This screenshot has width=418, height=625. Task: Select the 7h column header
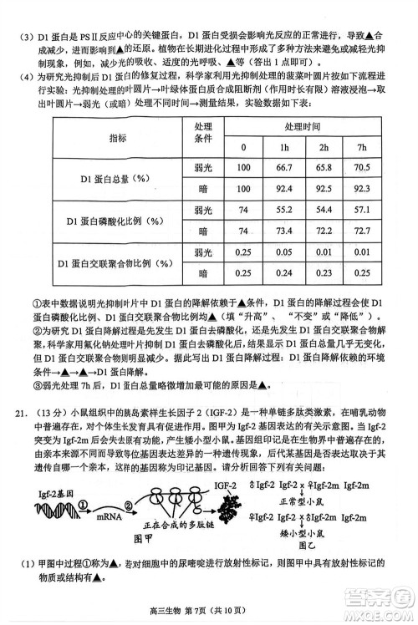click(362, 148)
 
